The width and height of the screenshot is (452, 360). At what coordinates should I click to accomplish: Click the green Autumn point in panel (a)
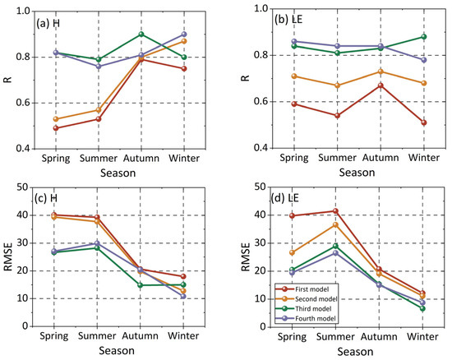pos(141,35)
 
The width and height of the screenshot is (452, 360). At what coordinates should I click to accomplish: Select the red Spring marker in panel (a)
pos(56,128)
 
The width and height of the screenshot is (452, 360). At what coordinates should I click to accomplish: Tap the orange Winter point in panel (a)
pos(184,41)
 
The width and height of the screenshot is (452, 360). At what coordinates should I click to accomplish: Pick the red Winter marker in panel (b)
pos(424,122)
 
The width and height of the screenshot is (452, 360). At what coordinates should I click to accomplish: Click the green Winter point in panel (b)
pos(424,37)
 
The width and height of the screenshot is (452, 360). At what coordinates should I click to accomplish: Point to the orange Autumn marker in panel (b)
pos(381,72)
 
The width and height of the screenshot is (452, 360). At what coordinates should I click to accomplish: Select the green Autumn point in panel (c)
pos(141,285)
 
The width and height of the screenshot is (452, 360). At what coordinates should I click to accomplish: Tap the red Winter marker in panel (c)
pos(183,277)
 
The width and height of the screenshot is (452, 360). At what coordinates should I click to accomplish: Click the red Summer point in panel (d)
pos(335,211)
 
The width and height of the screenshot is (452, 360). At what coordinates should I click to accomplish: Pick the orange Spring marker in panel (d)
pos(292,253)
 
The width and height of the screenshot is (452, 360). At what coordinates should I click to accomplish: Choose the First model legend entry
pos(307,289)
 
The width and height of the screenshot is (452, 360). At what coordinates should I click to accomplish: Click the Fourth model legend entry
pos(307,319)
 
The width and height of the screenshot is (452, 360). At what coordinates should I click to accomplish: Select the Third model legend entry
pos(307,309)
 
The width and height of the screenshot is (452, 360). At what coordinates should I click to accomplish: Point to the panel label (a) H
pos(48,23)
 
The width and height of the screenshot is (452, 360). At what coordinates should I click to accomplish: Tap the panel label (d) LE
pos(285,198)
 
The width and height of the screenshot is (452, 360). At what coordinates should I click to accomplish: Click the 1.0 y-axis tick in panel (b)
pos(261,9)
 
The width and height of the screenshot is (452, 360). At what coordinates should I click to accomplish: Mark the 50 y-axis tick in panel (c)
pos(22,187)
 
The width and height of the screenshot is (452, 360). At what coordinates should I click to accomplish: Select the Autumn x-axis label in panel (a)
pos(141,159)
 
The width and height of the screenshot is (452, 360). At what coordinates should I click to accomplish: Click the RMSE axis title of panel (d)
pos(246,256)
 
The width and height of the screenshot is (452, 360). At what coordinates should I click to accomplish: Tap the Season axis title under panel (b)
pos(357,173)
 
